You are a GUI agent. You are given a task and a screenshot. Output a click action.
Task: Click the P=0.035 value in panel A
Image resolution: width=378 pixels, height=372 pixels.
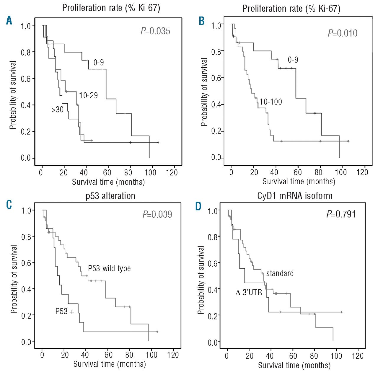click(x=155, y=31)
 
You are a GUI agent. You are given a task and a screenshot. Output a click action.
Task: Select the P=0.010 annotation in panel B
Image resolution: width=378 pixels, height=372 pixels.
click(x=343, y=33)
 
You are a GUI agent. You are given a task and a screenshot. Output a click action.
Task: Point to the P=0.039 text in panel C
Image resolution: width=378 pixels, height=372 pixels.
click(x=157, y=214)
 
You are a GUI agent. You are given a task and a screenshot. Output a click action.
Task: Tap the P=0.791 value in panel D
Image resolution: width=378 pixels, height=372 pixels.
click(x=341, y=214)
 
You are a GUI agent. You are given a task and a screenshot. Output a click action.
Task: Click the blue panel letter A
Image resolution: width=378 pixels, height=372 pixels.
click(x=9, y=21)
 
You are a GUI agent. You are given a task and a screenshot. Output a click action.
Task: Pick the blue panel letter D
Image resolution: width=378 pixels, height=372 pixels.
click(x=198, y=206)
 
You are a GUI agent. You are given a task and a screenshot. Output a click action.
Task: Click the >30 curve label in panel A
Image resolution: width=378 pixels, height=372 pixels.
click(x=57, y=110)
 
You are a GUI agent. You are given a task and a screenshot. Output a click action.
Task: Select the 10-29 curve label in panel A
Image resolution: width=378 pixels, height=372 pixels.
click(x=88, y=95)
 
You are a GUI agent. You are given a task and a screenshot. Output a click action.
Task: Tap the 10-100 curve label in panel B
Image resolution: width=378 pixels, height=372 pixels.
click(x=271, y=102)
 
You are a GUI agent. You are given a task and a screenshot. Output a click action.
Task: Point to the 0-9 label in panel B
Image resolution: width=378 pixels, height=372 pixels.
click(x=293, y=60)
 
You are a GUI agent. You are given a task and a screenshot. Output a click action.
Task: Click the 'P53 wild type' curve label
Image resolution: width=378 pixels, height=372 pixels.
click(x=109, y=268)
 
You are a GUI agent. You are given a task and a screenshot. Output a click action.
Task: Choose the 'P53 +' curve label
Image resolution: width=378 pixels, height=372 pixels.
click(x=64, y=311)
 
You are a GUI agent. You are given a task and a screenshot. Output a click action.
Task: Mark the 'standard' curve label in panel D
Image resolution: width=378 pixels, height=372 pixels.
click(x=280, y=273)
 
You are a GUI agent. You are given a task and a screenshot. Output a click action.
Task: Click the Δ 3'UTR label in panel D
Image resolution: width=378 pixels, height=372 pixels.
click(x=249, y=293)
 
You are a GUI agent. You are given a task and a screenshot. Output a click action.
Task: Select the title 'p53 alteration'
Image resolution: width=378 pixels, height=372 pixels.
click(x=110, y=196)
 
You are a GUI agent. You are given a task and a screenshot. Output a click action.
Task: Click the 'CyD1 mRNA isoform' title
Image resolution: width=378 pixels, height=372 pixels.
click(x=295, y=196)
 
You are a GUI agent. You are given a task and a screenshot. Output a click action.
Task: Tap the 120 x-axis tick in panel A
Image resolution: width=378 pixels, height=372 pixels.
click(x=172, y=173)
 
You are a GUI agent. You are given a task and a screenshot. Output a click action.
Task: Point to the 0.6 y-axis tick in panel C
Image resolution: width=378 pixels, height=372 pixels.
click(x=26, y=263)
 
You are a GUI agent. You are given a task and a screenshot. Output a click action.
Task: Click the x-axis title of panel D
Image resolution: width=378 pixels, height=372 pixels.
click(x=294, y=366)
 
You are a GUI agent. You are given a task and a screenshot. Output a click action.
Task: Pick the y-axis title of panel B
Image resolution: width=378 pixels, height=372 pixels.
click(x=204, y=92)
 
